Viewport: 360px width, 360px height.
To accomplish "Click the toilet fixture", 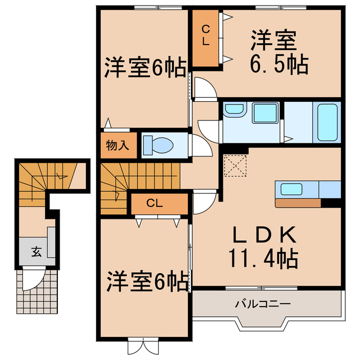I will coord(158,145).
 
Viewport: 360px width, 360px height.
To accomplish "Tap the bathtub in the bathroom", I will coord(327,122).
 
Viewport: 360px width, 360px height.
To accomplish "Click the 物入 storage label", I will coord(118,145).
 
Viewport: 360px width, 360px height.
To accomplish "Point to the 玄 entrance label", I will coord(36,251).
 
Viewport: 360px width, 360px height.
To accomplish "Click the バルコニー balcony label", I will coord(262,304).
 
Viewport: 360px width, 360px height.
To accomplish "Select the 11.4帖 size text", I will coord(262,259).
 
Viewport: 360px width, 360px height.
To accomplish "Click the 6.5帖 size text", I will coord(279,65).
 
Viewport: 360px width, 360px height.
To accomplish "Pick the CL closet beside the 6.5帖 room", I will coord(206,36).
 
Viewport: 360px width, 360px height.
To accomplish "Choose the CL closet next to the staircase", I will coord(158,203).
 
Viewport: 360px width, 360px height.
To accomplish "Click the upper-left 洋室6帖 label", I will coord(144,68).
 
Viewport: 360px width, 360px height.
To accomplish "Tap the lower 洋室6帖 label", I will coord(147,281).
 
